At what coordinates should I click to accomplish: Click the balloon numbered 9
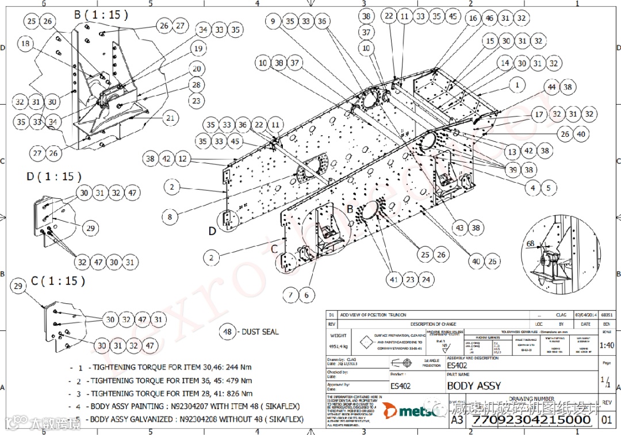point(273,21)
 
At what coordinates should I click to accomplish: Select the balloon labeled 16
point(473,18)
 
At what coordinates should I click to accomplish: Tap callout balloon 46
point(489,18)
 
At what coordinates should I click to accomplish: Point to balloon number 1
point(517,84)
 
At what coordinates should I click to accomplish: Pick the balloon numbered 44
point(552,87)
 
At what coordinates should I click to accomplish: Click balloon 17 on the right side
point(539,114)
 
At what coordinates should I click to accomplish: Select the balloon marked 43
point(459,228)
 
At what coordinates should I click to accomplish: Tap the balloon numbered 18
point(25,43)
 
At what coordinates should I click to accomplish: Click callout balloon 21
point(170,118)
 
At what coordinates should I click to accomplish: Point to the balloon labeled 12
point(182,159)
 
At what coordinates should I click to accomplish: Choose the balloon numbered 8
point(170,217)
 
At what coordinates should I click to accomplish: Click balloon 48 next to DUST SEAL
point(228,332)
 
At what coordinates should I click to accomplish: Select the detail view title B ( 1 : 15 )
point(101,14)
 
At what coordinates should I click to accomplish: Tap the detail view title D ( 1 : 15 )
point(54,176)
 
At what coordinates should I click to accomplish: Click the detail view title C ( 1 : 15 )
point(58,281)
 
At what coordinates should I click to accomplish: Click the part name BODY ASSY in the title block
point(474,386)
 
